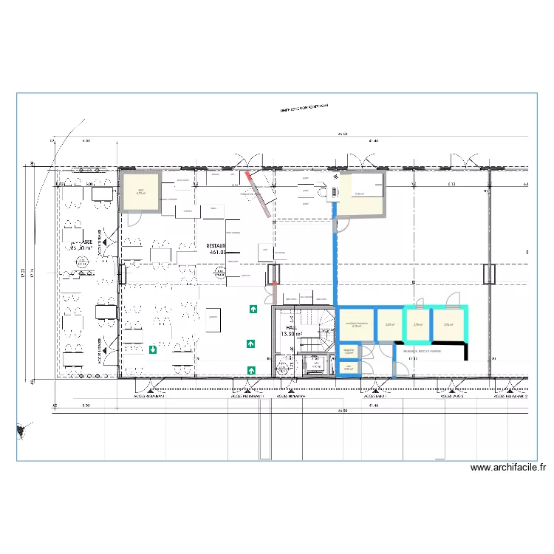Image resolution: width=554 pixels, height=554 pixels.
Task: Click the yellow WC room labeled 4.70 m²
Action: (141, 191)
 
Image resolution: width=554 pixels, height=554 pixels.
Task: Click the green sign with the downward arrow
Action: (153, 349)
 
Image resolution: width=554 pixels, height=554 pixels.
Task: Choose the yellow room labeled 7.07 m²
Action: (360, 194)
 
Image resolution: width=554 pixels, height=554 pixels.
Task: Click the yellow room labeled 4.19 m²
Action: (356, 325)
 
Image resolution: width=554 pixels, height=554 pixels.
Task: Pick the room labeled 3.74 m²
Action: (448, 325)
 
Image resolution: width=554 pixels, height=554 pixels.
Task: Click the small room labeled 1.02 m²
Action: (349, 352)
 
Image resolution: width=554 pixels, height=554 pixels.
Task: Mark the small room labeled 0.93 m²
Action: (349, 368)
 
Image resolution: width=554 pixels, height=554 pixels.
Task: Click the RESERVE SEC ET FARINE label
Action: (422, 352)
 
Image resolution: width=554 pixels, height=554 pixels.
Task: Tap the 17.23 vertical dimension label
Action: (24, 273)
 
